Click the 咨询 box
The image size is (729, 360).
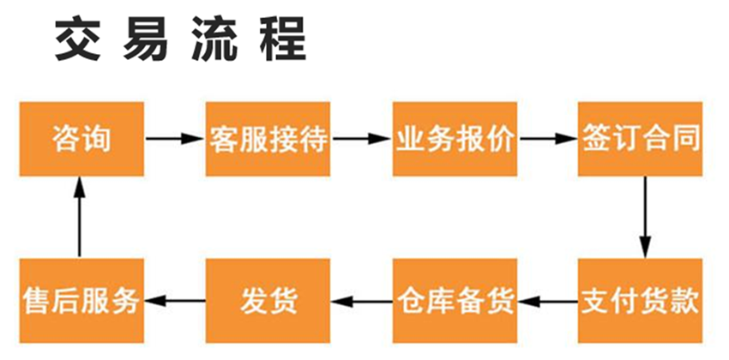(81, 139)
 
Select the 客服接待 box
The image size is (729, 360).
(268, 139)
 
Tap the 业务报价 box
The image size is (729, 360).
(455, 139)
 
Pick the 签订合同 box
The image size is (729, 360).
(640, 139)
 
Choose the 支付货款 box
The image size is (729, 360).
(640, 301)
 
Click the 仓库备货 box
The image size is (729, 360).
(455, 301)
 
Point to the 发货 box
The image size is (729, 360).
(268, 301)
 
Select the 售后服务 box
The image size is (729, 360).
(81, 301)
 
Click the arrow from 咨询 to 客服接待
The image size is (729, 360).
(175, 138)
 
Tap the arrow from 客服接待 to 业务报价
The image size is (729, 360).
(362, 138)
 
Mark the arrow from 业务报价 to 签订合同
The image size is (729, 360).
(548, 138)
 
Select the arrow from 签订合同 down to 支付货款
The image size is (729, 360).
(645, 217)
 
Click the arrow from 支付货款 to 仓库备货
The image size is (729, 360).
(548, 302)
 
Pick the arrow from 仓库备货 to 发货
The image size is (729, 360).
(362, 302)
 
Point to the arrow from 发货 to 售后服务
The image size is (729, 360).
(175, 302)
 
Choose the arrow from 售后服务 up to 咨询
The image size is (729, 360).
(80, 217)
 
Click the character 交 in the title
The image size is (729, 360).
(78, 39)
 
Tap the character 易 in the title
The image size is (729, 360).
(146, 39)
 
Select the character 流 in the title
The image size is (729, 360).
(214, 39)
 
